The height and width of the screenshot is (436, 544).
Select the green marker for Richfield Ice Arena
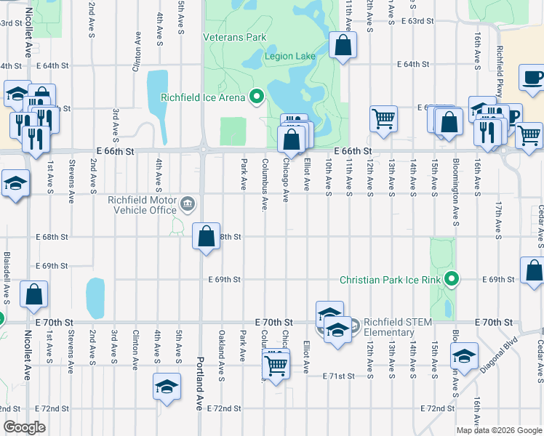pos(256,96)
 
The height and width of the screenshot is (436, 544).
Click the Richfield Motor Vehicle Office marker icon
pos(188,203)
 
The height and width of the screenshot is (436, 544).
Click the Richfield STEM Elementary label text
pos(398,327)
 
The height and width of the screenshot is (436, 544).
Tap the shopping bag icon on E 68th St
pos(207,235)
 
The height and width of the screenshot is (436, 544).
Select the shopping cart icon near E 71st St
pos(276,364)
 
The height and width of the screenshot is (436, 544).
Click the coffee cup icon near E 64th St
pos(533,77)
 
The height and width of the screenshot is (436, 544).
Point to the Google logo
pos(24,427)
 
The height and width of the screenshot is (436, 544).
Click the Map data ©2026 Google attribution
pos(498,430)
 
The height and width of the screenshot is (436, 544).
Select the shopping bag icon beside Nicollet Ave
pos(34,294)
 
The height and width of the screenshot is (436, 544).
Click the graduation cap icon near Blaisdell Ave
pos(15,183)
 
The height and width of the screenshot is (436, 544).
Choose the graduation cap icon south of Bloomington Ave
pos(463,357)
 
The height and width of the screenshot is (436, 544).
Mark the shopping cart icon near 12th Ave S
pos(383,118)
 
